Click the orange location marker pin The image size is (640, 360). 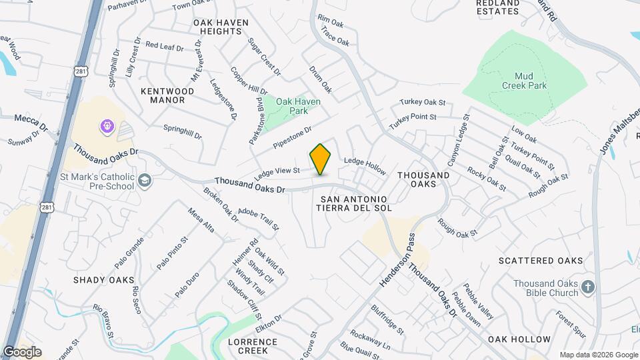point(321,159)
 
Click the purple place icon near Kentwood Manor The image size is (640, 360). point(106,125)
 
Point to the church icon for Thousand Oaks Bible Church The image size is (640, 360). point(587,287)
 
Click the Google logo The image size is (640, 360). point(22,352)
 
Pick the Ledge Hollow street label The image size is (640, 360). point(365,166)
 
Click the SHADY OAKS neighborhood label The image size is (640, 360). point(104,280)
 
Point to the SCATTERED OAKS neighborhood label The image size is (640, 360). point(541,261)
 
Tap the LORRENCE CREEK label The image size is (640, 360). point(253,345)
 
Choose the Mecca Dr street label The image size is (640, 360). point(32,122)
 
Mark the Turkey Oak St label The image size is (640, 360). point(422,103)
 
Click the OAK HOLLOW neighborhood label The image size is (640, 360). point(519,339)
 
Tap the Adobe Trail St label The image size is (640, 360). point(258,217)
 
